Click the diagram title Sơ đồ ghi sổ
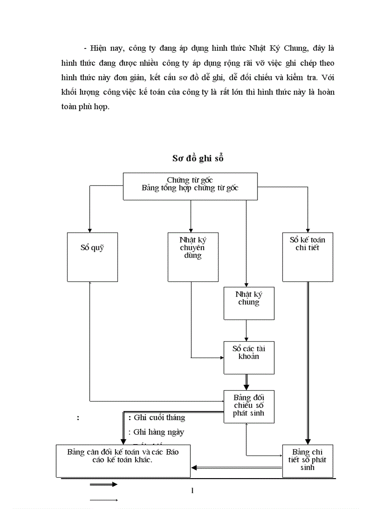(198, 158)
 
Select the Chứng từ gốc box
(190, 186)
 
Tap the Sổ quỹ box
(92, 257)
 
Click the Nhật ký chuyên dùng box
(190, 257)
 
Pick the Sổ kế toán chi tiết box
(307, 257)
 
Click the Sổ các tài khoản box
(248, 358)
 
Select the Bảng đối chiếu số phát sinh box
(248, 406)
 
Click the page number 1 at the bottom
(193, 490)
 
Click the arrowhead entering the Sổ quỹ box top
(90, 230)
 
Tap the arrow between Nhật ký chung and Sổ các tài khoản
(246, 330)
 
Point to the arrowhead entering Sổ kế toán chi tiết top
(308, 230)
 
